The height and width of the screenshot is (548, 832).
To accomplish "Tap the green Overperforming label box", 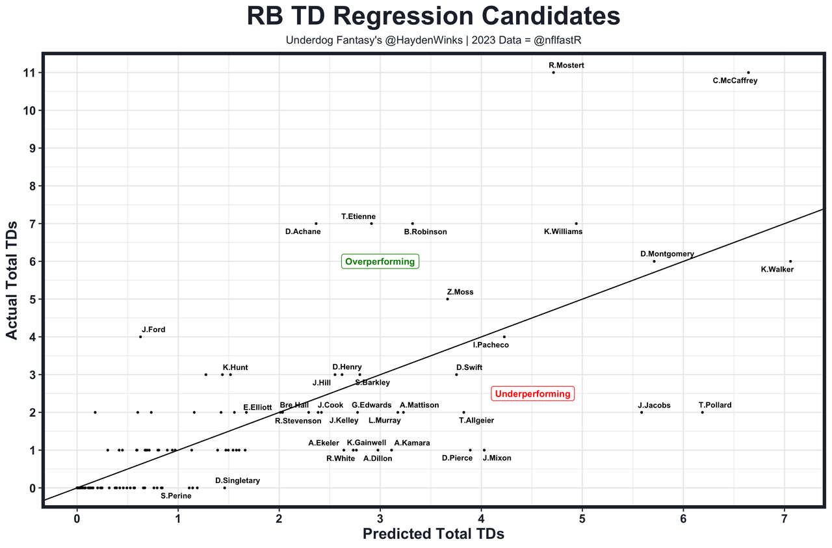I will (380, 262).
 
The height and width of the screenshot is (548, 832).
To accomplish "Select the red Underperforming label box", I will (532, 393).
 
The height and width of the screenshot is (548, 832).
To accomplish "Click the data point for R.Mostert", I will (553, 72).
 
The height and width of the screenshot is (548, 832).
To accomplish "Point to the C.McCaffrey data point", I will (748, 72).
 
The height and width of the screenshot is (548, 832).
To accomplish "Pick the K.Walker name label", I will (777, 269).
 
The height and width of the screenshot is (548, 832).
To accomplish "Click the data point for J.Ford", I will (140, 337).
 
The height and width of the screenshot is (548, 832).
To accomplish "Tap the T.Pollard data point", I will (702, 412).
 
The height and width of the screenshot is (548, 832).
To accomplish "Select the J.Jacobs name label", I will (654, 406).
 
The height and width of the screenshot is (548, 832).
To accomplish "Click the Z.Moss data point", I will (447, 299).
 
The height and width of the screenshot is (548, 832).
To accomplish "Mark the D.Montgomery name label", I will (667, 254).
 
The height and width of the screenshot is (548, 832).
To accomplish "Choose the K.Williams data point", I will (576, 224).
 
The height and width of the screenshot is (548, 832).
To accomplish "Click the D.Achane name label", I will (303, 231).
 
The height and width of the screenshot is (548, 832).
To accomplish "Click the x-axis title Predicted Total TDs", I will (433, 534).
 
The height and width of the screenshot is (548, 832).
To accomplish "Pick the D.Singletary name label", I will (237, 481).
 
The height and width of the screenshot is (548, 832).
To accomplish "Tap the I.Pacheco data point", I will (504, 337).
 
